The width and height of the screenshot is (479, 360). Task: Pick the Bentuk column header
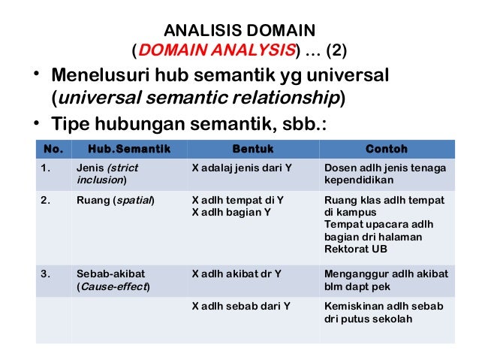pos(253,149)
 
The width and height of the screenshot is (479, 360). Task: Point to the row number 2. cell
pos(47,201)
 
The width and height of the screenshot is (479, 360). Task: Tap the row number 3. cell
pos(47,274)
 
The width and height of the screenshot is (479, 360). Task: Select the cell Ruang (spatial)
pos(115,201)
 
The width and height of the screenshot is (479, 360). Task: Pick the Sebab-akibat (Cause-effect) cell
pos(113,280)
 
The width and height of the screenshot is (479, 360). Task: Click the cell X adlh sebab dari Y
pos(241,307)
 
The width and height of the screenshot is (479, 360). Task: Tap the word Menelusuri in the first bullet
pos(98,77)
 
